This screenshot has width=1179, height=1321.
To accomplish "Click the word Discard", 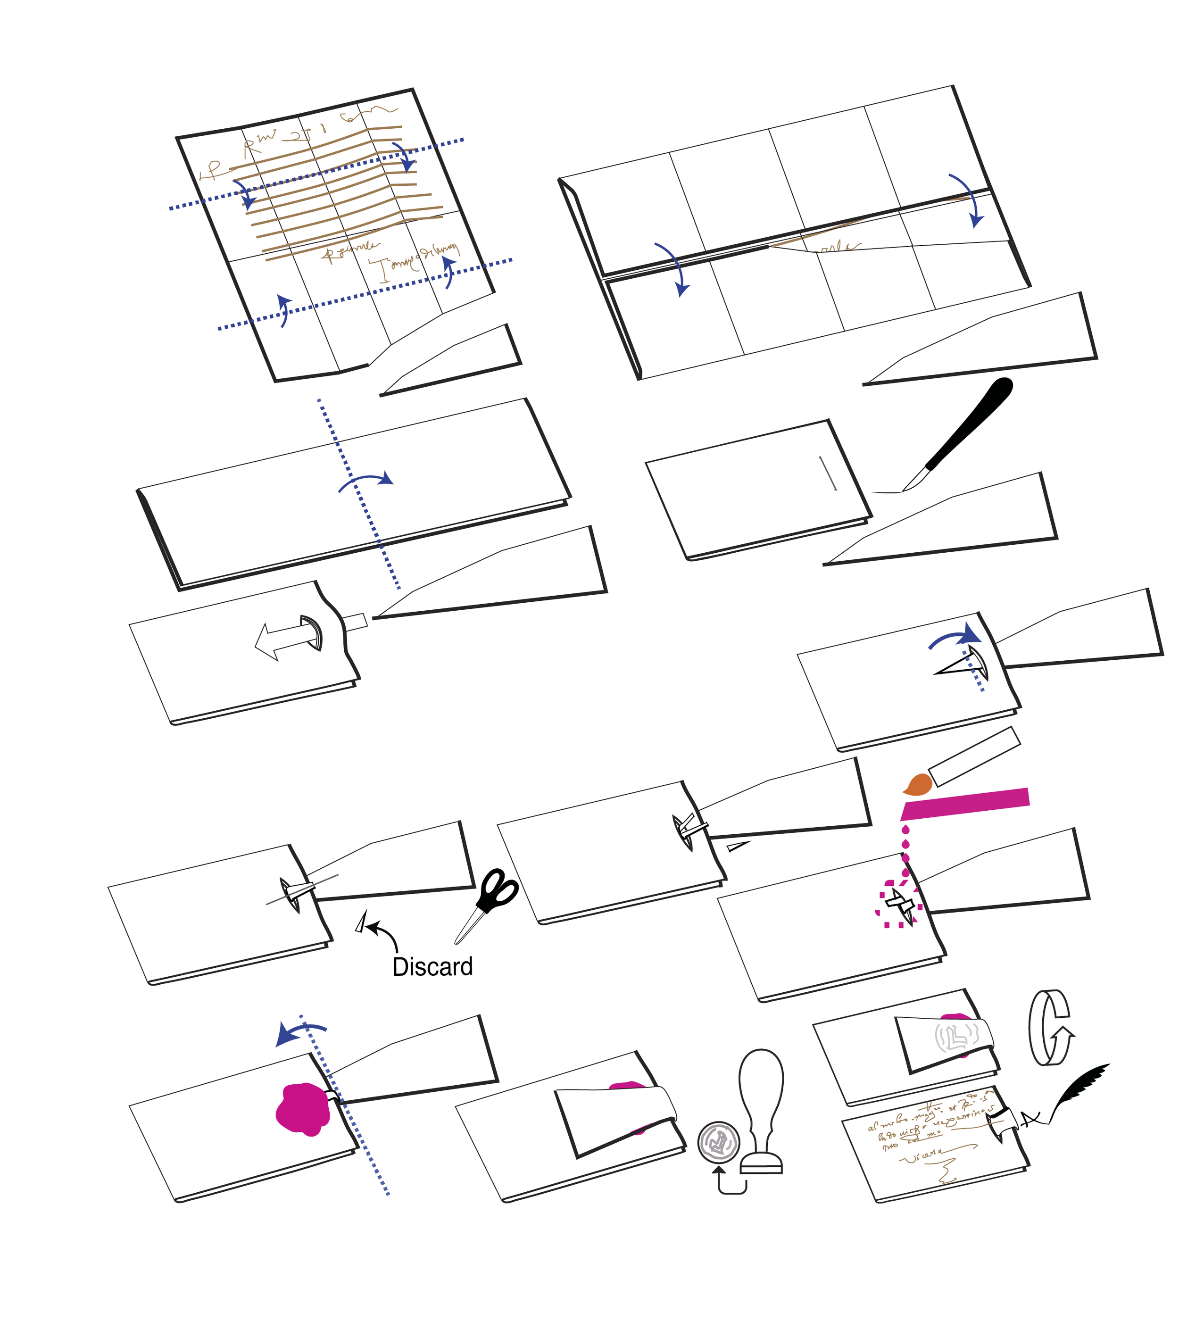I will [x=432, y=967].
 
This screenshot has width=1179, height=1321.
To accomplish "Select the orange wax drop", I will [x=919, y=785].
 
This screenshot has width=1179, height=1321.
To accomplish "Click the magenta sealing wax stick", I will [x=965, y=804].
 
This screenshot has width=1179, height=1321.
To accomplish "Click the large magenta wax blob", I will [x=302, y=1110].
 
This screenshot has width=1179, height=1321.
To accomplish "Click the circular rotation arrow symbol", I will [x=1049, y=1028].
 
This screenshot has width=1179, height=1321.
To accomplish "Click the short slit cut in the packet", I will [x=827, y=473].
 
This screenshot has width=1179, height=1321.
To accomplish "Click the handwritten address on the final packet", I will [x=926, y=1127].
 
